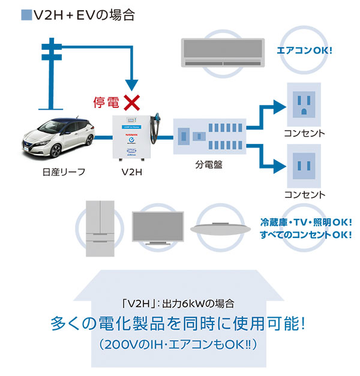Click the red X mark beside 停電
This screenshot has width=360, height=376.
click(x=131, y=102)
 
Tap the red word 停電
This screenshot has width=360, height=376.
click(x=107, y=103)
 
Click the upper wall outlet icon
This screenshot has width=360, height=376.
click(x=305, y=103)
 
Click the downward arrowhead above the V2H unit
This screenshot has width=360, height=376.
click(x=131, y=84)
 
